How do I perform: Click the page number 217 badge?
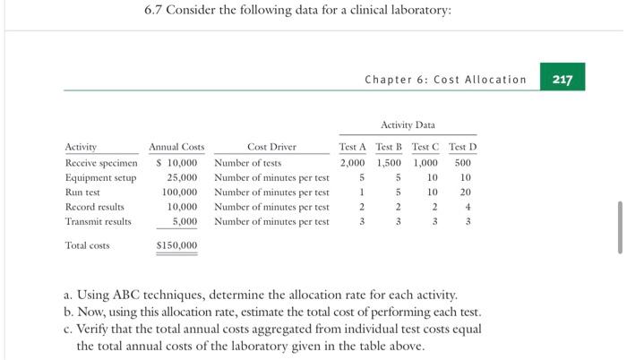click(x=563, y=79)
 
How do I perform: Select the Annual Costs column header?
click(x=176, y=147)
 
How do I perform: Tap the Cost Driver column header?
click(x=271, y=147)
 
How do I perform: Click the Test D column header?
click(x=462, y=147)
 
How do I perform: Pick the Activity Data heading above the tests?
click(x=408, y=125)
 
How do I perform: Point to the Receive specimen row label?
click(x=101, y=163)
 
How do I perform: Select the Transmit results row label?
click(x=98, y=220)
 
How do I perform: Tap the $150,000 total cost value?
click(x=177, y=245)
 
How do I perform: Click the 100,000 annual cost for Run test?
click(x=179, y=192)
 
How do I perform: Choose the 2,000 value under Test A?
click(x=352, y=163)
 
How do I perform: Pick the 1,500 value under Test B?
click(x=389, y=163)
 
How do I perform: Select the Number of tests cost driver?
click(x=248, y=163)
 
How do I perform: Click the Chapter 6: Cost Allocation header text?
click(x=445, y=80)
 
